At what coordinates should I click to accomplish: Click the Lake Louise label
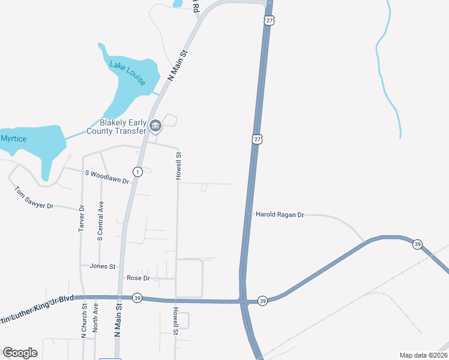[127, 73]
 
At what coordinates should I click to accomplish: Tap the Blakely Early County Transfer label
[116, 127]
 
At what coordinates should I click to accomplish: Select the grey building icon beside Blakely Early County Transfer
[155, 126]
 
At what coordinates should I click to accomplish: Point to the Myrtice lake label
[13, 138]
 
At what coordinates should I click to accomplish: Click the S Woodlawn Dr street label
[107, 177]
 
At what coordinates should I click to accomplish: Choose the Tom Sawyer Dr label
[34, 197]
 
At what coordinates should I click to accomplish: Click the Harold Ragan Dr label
[280, 214]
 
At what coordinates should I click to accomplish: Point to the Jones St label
[102, 266]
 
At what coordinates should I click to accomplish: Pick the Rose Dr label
[138, 278]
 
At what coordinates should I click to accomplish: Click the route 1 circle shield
[137, 172]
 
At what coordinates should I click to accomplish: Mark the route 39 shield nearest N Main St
[137, 298]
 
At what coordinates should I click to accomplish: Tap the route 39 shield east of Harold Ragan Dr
[417, 244]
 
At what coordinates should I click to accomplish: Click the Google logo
[20, 353]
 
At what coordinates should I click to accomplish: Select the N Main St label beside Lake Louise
[178, 66]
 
